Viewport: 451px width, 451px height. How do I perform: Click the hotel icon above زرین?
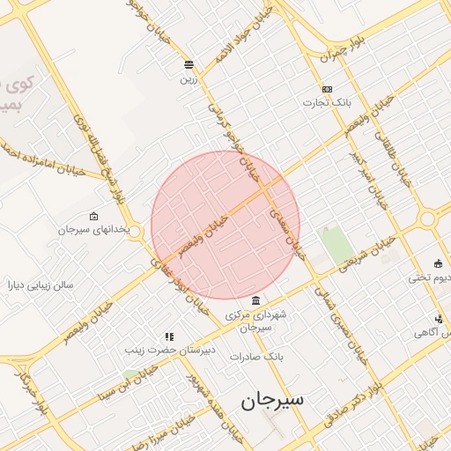pyautogui.click(x=189, y=65)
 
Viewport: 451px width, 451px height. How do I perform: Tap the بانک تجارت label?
pyautogui.click(x=328, y=102)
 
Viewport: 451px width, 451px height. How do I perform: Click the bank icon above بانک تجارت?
pyautogui.click(x=328, y=89)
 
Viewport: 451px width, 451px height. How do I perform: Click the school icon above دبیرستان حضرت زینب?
pyautogui.click(x=169, y=336)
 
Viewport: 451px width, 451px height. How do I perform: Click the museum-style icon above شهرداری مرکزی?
pyautogui.click(x=255, y=300)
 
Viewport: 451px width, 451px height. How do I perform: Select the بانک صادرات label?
pyautogui.click(x=255, y=357)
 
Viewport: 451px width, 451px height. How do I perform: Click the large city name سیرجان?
pyautogui.click(x=272, y=399)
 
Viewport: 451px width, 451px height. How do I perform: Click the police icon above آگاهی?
pyautogui.click(x=439, y=319)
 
